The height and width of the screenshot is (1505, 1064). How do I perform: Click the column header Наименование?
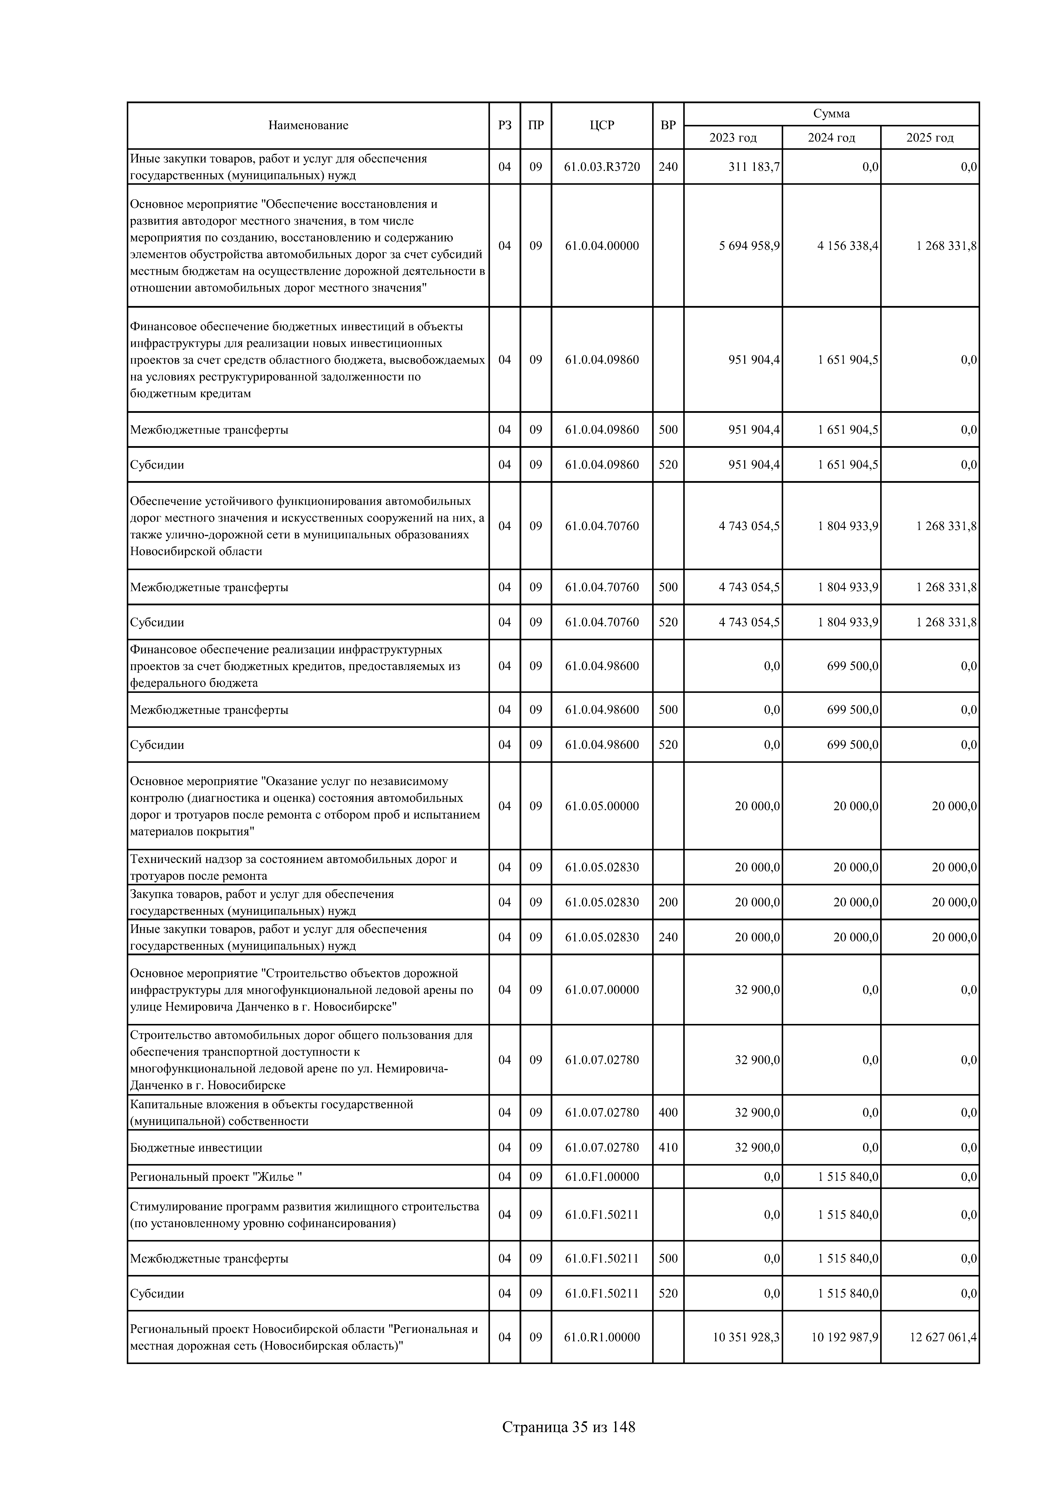(308, 125)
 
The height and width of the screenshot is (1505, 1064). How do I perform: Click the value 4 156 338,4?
(848, 246)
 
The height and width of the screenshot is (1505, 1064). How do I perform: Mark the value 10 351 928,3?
(746, 1337)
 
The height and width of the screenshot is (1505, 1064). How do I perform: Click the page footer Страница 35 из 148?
(568, 1427)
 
